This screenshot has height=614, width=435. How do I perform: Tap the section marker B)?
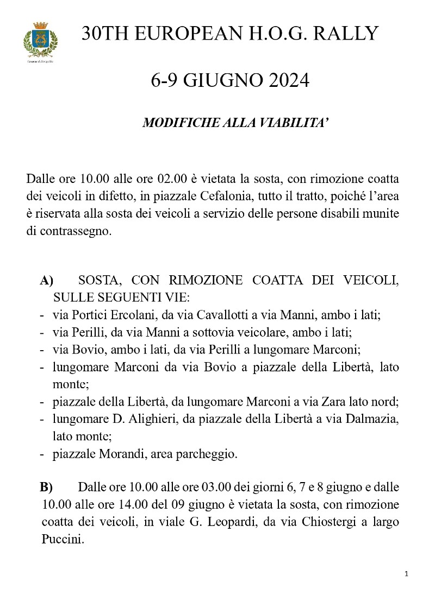[46, 487]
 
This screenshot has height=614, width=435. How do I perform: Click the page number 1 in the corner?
[407, 574]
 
